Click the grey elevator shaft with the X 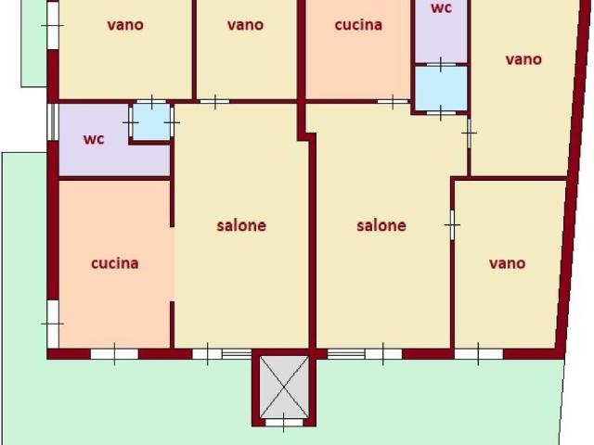[x=284, y=387]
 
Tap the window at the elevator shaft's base [x=284, y=423]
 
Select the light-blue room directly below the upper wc [x=441, y=89]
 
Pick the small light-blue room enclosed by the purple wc [x=151, y=121]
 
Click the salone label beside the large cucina [x=241, y=225]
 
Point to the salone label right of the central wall [x=381, y=225]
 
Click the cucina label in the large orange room [x=115, y=263]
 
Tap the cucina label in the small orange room [x=358, y=25]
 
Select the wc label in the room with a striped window [x=94, y=139]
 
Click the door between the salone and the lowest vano [x=452, y=225]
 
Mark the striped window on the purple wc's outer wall [x=53, y=121]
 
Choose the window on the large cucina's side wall [x=53, y=324]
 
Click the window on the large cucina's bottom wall [x=114, y=354]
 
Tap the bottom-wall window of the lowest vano [x=479, y=354]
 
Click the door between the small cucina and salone [x=393, y=101]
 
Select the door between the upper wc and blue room [x=441, y=64]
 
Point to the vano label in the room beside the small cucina [x=245, y=25]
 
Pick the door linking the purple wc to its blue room [x=131, y=122]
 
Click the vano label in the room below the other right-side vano [x=508, y=263]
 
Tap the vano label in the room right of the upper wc [x=523, y=59]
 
